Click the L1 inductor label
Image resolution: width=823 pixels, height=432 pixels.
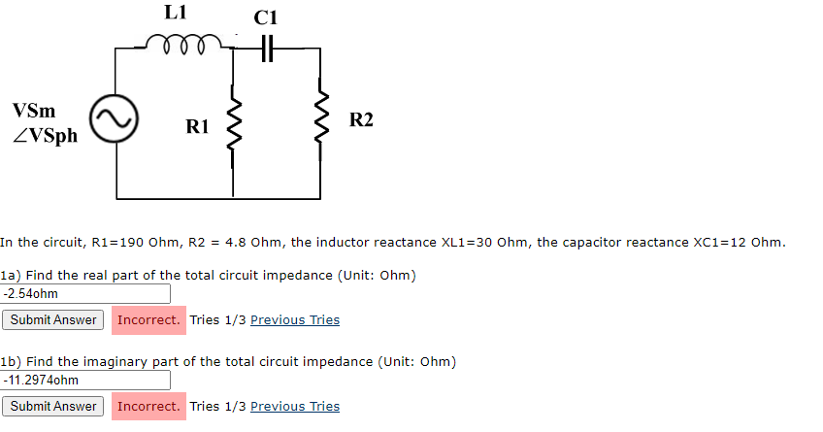pos(176,13)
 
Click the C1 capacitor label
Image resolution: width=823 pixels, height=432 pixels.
pos(265,17)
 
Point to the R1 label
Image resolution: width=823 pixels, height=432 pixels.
pos(197,125)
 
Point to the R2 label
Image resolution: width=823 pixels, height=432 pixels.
pos(361,120)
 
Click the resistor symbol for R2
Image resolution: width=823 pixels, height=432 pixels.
pos(320,121)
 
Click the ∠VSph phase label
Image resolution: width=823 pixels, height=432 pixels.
pos(46,135)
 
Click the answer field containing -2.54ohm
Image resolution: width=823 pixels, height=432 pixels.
pos(86,293)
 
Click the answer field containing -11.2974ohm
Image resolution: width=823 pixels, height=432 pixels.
pos(86,380)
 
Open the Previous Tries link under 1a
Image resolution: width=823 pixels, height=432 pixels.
pos(295,320)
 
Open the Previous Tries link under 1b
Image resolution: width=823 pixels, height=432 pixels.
pos(295,407)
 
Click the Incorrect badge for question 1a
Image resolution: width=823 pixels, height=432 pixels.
pos(148,320)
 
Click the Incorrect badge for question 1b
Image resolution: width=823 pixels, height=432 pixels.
pos(148,407)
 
